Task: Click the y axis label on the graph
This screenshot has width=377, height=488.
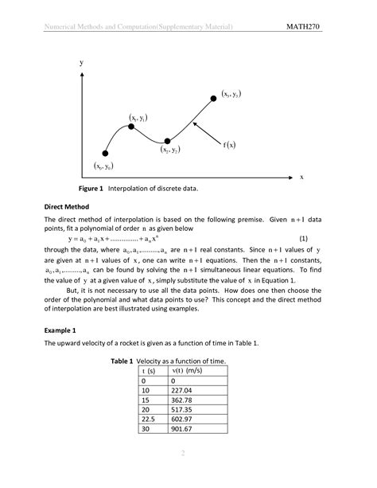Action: point(80,61)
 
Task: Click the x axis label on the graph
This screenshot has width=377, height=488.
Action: point(301,177)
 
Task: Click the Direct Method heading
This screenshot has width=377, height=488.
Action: point(70,206)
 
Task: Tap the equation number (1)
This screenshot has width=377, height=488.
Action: point(303,238)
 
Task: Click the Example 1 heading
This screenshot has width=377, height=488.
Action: point(60,329)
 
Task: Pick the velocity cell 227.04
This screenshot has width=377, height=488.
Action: point(184,390)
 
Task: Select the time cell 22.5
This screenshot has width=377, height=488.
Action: point(148,420)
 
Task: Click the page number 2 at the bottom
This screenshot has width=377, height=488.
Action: point(182,454)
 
